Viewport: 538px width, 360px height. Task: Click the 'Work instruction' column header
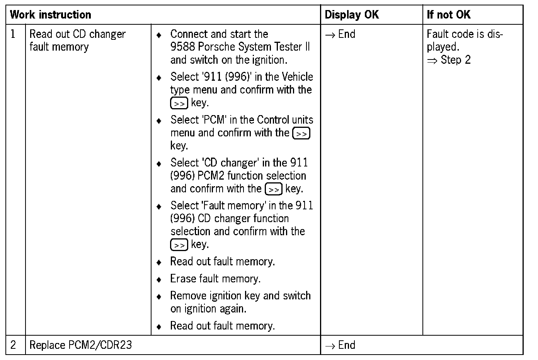click(x=51, y=15)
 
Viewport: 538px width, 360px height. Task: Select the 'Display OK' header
click(x=352, y=15)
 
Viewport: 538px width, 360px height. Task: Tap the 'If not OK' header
click(x=449, y=15)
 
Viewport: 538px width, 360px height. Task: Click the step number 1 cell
click(x=14, y=34)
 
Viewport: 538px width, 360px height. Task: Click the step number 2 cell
click(x=14, y=345)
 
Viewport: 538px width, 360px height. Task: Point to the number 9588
click(x=182, y=47)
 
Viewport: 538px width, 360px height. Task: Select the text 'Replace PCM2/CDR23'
click(x=80, y=345)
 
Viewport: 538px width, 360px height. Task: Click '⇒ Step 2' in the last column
click(x=449, y=60)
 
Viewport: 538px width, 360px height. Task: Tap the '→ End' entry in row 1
click(x=340, y=34)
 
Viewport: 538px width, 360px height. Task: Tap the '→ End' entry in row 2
click(x=340, y=345)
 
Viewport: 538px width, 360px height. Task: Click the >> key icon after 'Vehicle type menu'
click(x=179, y=103)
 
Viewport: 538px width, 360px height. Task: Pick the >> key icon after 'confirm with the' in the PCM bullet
click(x=301, y=133)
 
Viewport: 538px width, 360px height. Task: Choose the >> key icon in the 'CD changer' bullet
click(x=274, y=189)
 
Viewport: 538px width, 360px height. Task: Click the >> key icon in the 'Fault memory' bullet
click(x=179, y=245)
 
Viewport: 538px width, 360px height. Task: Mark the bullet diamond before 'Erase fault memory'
click(x=158, y=279)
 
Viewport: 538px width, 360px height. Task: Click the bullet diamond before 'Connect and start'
click(x=158, y=35)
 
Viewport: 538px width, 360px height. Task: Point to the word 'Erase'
click(x=183, y=278)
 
